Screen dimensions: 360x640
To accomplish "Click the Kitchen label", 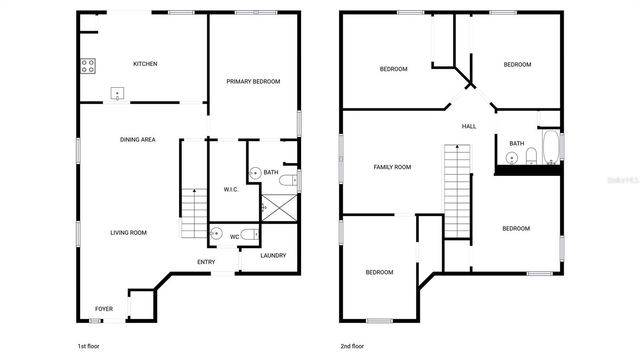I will [145, 64].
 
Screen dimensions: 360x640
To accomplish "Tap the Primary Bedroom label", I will [252, 82].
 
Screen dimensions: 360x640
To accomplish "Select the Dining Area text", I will [137, 140].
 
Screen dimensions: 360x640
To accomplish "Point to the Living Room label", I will [128, 233].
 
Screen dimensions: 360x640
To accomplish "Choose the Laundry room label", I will [273, 256].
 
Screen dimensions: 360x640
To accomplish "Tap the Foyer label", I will [104, 308].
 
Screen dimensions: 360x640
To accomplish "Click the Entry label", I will [206, 263].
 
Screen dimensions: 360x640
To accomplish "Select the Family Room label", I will [392, 167].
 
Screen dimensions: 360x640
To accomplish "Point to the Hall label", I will [468, 127].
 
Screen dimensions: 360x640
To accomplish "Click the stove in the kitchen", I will [87, 67].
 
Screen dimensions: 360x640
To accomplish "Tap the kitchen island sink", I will [119, 96].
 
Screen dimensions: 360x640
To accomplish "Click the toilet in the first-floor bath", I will [286, 181].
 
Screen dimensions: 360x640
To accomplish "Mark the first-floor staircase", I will [193, 212].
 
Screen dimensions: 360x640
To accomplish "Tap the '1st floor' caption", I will [89, 346].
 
